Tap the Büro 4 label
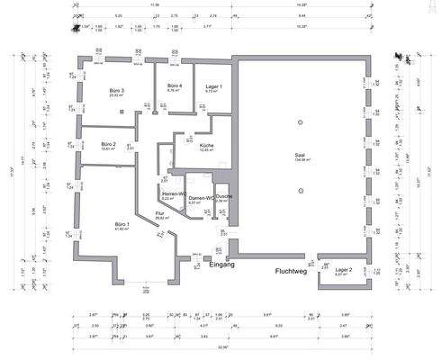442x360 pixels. tap(175, 85)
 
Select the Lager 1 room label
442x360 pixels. tap(212, 86)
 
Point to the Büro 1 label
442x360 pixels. tap(122, 223)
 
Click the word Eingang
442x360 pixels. tap(221, 265)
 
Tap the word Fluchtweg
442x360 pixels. tap(293, 269)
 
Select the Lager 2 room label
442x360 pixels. tap(343, 268)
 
